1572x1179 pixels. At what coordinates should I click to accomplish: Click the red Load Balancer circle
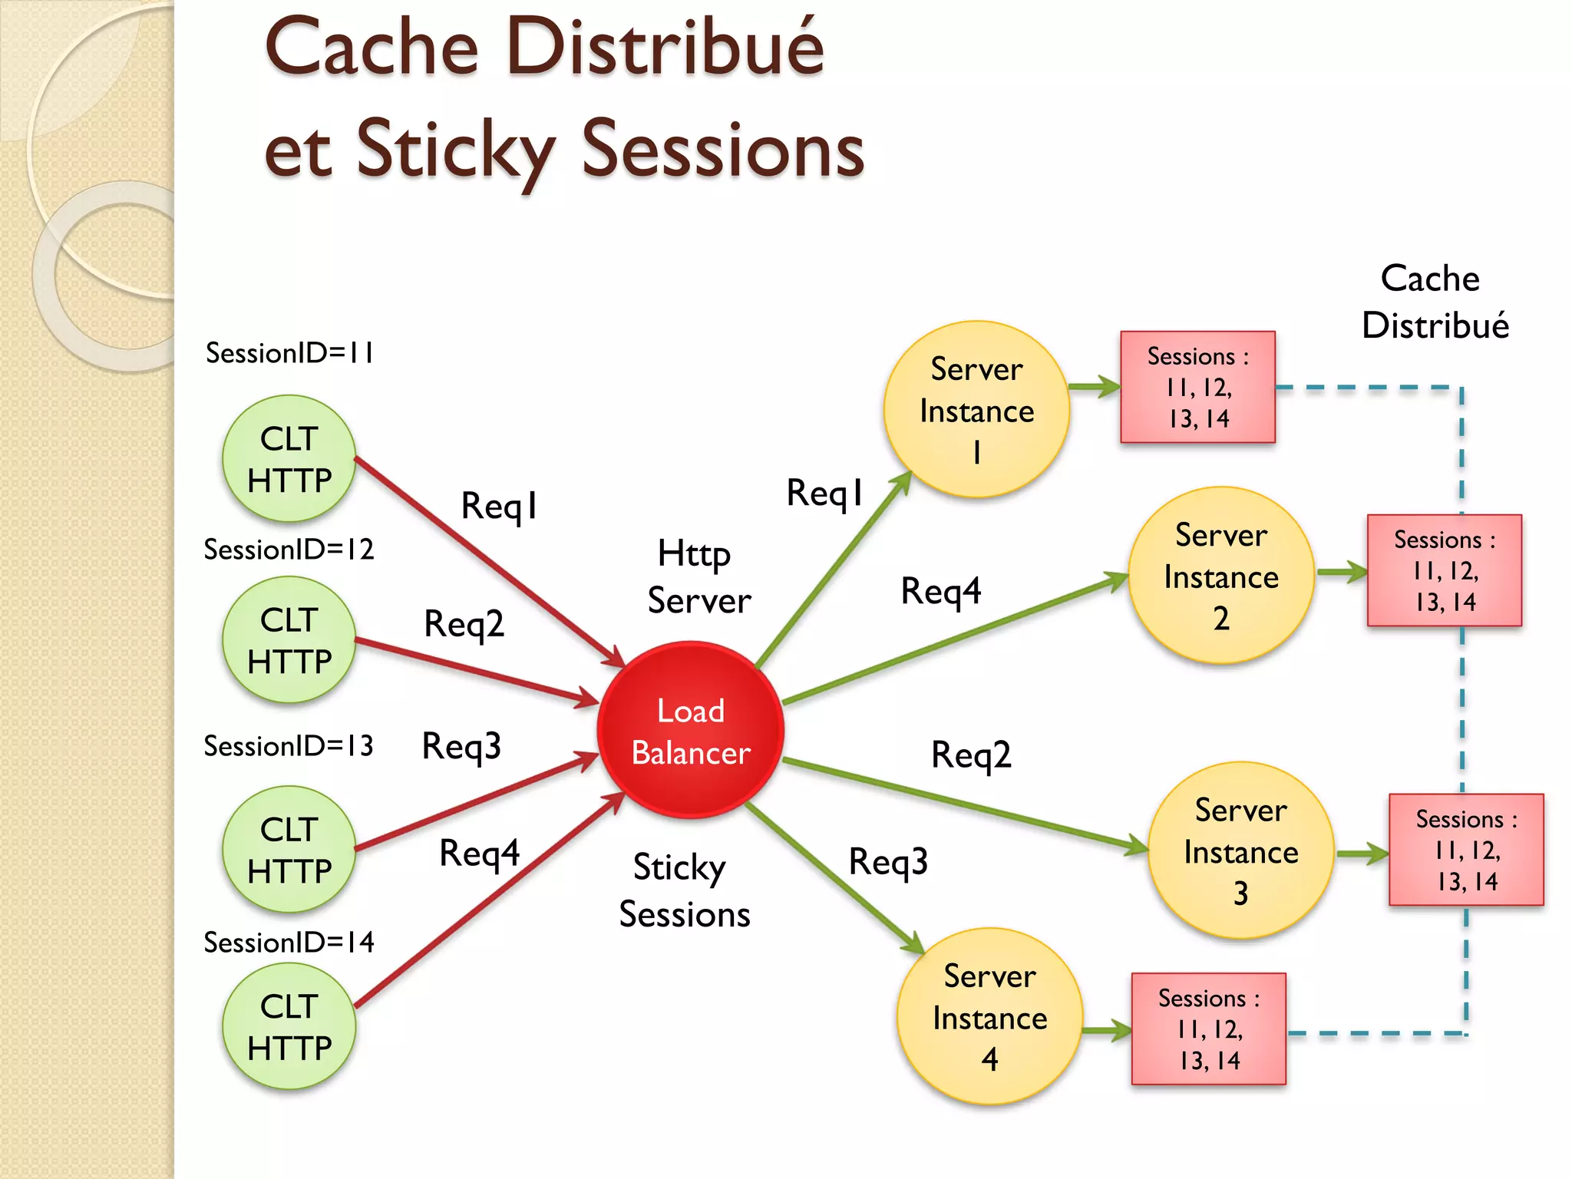click(x=690, y=730)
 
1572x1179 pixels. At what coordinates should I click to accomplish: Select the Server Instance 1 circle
click(x=976, y=409)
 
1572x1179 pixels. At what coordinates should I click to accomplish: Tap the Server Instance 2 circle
click(x=1220, y=575)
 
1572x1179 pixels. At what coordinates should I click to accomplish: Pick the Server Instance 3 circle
click(x=1240, y=850)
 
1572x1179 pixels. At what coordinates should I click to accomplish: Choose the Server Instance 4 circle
click(x=989, y=1016)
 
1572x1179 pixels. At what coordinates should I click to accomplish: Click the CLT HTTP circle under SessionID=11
click(x=289, y=458)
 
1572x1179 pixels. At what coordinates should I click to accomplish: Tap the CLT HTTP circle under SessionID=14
click(x=289, y=1026)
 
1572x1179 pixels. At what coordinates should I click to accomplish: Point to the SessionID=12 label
click(x=289, y=550)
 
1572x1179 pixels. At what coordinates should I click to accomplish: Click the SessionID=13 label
click(x=289, y=746)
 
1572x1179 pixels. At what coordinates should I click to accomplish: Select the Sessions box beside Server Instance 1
click(x=1197, y=387)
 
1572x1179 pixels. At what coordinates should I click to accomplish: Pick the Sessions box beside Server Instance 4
click(x=1208, y=1029)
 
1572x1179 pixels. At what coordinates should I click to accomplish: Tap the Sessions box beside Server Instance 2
click(x=1444, y=570)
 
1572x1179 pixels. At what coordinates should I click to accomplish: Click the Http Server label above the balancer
click(x=698, y=576)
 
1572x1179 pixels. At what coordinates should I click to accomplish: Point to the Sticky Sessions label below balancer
click(x=684, y=890)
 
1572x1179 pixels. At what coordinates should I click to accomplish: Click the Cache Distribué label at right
click(x=1434, y=302)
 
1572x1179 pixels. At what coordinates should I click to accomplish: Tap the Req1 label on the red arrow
click(x=499, y=507)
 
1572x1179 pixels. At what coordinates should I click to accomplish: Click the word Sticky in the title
click(x=455, y=150)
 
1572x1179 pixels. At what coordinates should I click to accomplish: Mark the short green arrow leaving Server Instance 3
click(x=1362, y=854)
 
